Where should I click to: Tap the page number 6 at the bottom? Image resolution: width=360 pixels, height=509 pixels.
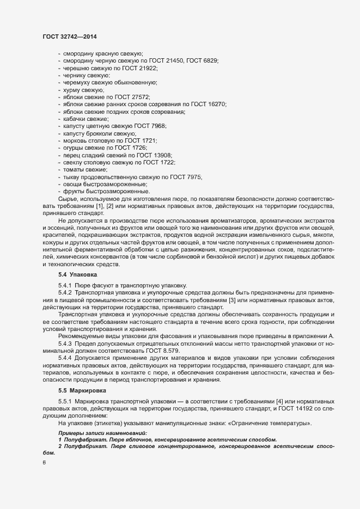tap(44, 463)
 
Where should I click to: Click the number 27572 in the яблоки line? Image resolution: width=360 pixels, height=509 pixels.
tap(131, 96)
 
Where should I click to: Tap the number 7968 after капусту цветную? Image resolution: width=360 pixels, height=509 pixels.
tap(156, 126)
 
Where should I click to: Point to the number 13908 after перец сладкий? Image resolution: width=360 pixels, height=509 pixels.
tap(162, 155)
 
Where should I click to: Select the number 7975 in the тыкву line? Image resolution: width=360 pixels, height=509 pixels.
tap(193, 177)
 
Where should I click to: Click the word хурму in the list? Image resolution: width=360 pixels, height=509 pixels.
tap(71, 89)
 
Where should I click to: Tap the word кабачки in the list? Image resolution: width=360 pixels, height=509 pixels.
tap(75, 119)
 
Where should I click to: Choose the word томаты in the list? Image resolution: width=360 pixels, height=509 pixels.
tap(74, 170)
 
